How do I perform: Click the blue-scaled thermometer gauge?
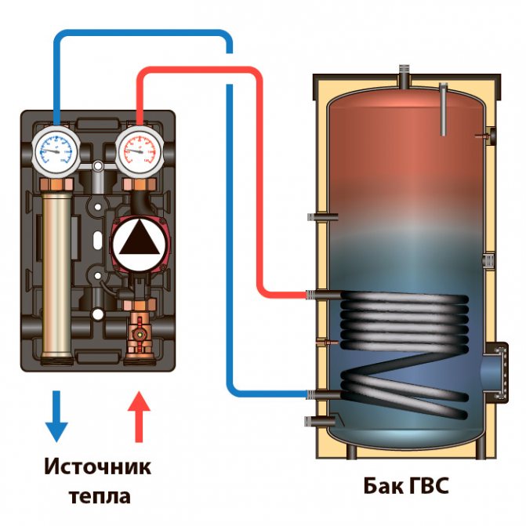click(x=56, y=149)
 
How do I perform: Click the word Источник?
click(x=97, y=467)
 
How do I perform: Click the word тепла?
click(x=97, y=496)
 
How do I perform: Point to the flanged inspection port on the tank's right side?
click(x=495, y=368)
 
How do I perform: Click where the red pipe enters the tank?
click(x=321, y=296)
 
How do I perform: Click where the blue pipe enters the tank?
click(x=321, y=394)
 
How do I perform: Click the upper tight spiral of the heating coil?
click(x=404, y=317)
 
